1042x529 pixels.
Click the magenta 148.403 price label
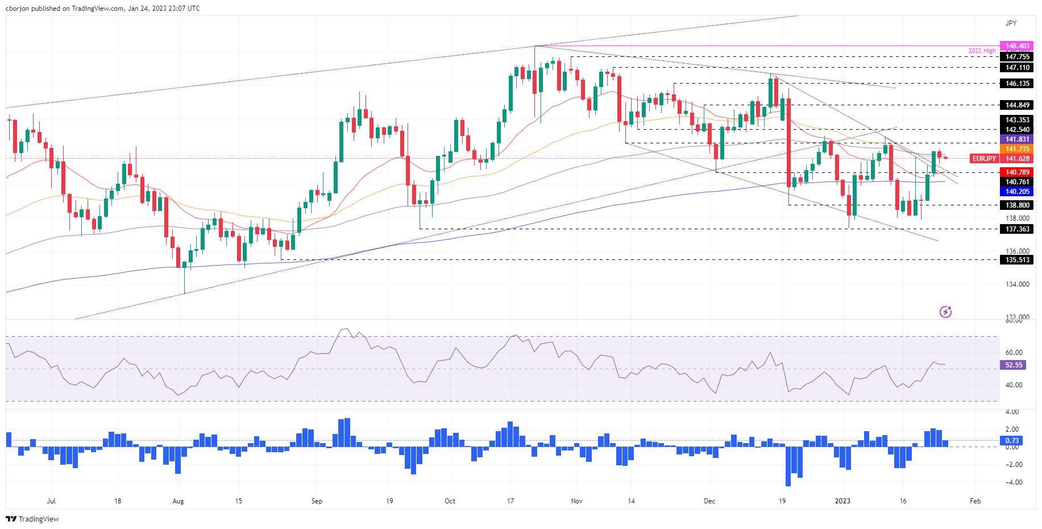pyautogui.click(x=1017, y=46)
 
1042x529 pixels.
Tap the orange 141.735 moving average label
pyautogui.click(x=1017, y=149)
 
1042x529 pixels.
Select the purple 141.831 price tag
pyautogui.click(x=1017, y=139)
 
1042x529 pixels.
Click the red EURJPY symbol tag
pyautogui.click(x=984, y=159)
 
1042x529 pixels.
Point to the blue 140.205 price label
pyautogui.click(x=1017, y=192)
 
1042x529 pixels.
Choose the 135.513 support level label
pyautogui.click(x=1017, y=260)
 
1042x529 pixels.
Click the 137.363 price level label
pyautogui.click(x=1017, y=229)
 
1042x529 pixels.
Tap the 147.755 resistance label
pyautogui.click(x=1017, y=57)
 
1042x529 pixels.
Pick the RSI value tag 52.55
pyautogui.click(x=1013, y=365)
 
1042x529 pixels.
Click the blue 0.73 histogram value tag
pyautogui.click(x=1012, y=441)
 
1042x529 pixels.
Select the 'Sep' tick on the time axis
pyautogui.click(x=317, y=501)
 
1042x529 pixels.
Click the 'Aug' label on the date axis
pyautogui.click(x=178, y=501)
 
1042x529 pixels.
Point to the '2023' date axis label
pyautogui.click(x=842, y=501)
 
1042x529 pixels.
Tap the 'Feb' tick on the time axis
pyautogui.click(x=975, y=501)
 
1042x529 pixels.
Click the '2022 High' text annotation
pyautogui.click(x=982, y=51)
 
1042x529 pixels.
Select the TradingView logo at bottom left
pyautogui.click(x=32, y=519)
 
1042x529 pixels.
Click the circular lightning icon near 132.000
pyautogui.click(x=945, y=312)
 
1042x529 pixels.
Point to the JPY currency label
pyautogui.click(x=1011, y=23)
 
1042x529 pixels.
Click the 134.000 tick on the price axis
pyautogui.click(x=1017, y=284)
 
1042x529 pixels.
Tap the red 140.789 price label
pyautogui.click(x=1017, y=172)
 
